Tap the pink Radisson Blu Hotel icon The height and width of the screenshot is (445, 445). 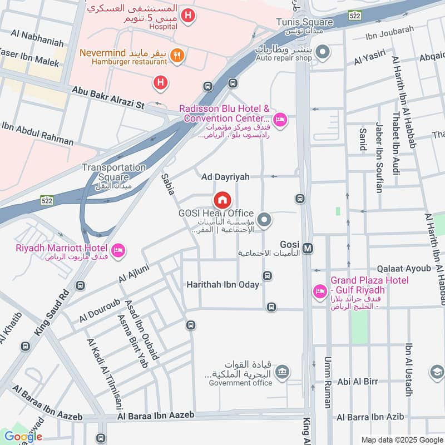click(x=280, y=119)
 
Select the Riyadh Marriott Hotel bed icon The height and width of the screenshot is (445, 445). click(x=118, y=251)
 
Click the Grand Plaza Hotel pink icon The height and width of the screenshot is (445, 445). click(x=319, y=291)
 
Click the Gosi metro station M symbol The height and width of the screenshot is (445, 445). click(x=308, y=248)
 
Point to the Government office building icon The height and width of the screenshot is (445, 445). click(x=283, y=371)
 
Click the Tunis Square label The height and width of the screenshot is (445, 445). click(x=304, y=22)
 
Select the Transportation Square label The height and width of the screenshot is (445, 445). click(x=114, y=167)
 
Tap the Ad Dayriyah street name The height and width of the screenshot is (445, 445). click(x=225, y=176)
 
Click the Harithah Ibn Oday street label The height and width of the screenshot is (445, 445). click(x=222, y=285)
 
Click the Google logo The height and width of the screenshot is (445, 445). click(x=23, y=436)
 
